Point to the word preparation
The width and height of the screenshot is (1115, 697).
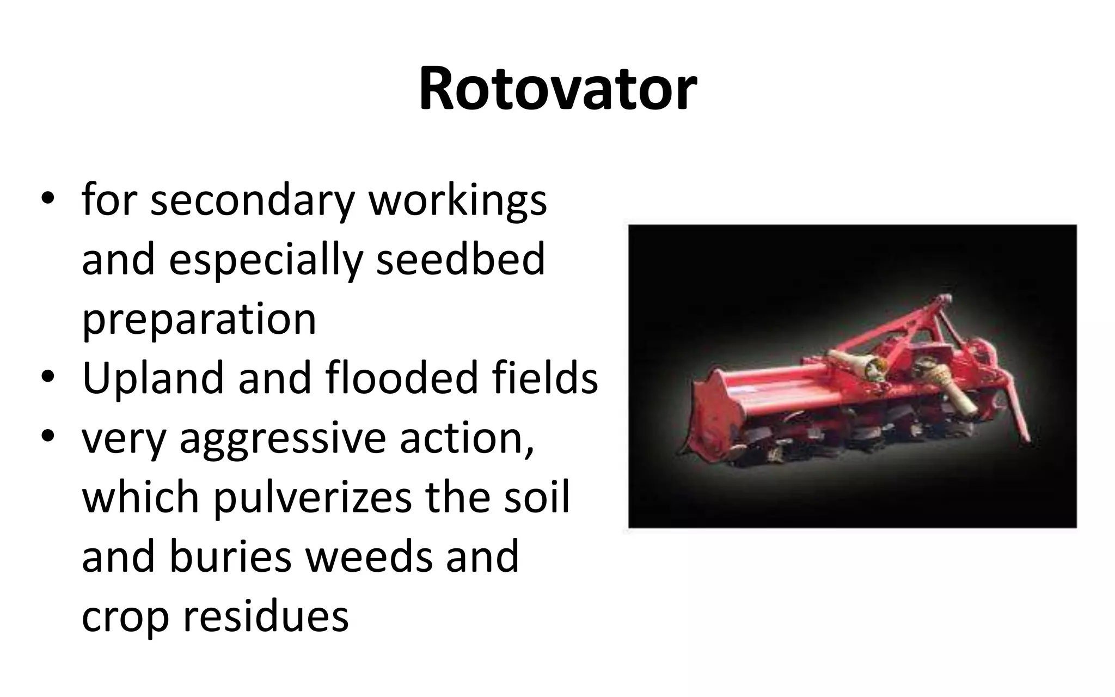[199, 320]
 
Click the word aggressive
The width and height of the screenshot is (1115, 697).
[282, 439]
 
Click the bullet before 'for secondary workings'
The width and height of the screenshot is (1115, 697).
[48, 199]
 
